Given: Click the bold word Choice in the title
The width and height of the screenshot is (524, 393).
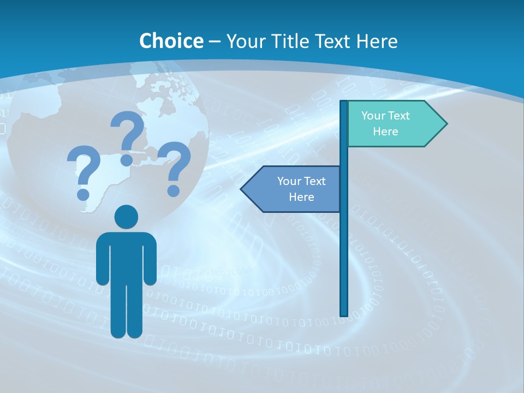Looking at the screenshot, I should pos(171,41).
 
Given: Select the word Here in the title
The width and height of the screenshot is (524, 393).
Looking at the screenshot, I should pos(377,41).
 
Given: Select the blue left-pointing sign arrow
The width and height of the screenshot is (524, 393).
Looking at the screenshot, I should pos(292,189).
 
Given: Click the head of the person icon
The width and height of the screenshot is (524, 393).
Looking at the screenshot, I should pos(126,217).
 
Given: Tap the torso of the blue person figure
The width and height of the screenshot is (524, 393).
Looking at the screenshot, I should pos(126,257).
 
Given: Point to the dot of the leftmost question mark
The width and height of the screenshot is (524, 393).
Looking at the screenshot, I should pos(84,194).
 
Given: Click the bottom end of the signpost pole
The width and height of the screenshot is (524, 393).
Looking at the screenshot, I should pos(344,313).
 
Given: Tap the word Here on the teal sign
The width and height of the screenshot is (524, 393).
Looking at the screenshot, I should pos(385,132).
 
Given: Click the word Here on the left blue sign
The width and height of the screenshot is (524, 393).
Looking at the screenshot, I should pos(301,197).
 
